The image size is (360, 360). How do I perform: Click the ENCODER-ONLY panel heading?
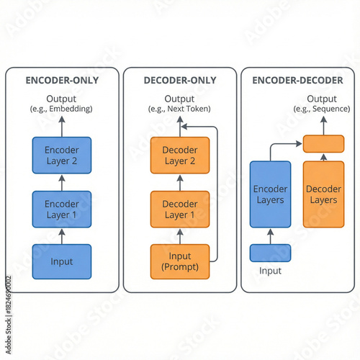click(x=61, y=80)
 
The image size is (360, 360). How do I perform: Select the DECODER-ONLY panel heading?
click(x=179, y=80)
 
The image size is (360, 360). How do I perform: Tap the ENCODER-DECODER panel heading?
click(x=297, y=80)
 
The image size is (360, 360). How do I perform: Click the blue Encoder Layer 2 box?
click(x=61, y=155)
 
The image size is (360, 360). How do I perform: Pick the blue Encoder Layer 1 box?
click(x=61, y=209)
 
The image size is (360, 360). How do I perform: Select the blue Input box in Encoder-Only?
click(x=61, y=261)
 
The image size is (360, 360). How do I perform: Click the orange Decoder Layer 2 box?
click(x=179, y=155)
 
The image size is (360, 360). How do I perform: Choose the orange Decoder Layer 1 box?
click(x=179, y=209)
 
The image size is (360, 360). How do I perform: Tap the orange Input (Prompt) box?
click(x=179, y=261)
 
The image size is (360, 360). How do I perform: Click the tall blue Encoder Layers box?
click(x=270, y=194)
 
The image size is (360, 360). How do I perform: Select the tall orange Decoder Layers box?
click(x=323, y=194)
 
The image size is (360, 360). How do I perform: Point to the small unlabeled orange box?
click(x=323, y=143)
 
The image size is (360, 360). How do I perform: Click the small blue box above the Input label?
click(x=270, y=253)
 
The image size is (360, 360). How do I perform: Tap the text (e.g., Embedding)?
click(x=61, y=109)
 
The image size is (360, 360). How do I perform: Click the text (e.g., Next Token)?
click(x=179, y=109)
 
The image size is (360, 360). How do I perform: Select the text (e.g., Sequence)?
click(x=321, y=109)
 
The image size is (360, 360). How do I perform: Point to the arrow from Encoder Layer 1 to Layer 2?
click(x=61, y=182)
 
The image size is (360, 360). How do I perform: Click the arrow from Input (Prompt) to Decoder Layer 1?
click(x=179, y=236)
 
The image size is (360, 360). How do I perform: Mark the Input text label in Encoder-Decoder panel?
click(x=270, y=271)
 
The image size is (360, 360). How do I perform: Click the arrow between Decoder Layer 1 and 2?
click(x=179, y=182)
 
